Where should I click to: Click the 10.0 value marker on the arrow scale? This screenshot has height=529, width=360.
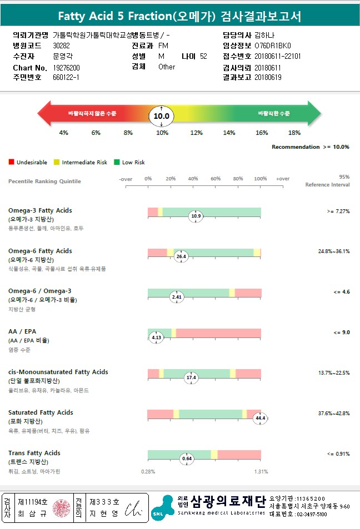(161, 116)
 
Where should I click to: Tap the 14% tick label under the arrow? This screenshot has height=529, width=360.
(229, 133)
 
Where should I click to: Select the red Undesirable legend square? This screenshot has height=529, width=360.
(11, 162)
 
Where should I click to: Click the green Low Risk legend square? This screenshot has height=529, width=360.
(117, 162)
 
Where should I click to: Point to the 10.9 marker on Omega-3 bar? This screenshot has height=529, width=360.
(196, 216)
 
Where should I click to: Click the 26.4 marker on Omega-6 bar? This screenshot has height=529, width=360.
(181, 256)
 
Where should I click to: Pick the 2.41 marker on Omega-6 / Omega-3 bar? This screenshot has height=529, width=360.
(176, 297)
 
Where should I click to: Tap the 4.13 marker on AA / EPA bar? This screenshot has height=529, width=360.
(156, 337)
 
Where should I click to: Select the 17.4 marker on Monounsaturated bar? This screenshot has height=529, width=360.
(191, 377)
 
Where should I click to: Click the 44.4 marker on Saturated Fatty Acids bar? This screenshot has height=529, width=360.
(260, 418)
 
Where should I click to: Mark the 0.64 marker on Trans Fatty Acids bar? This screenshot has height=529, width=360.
(187, 459)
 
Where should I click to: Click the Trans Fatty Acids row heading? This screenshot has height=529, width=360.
(34, 453)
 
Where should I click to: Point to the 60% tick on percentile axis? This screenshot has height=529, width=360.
(216, 179)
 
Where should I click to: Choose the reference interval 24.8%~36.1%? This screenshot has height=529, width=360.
(333, 251)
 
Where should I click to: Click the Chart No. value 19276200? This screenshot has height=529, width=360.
(67, 68)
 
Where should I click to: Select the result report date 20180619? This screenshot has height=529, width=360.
(268, 78)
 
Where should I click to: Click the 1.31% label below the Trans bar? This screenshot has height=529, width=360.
(261, 472)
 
